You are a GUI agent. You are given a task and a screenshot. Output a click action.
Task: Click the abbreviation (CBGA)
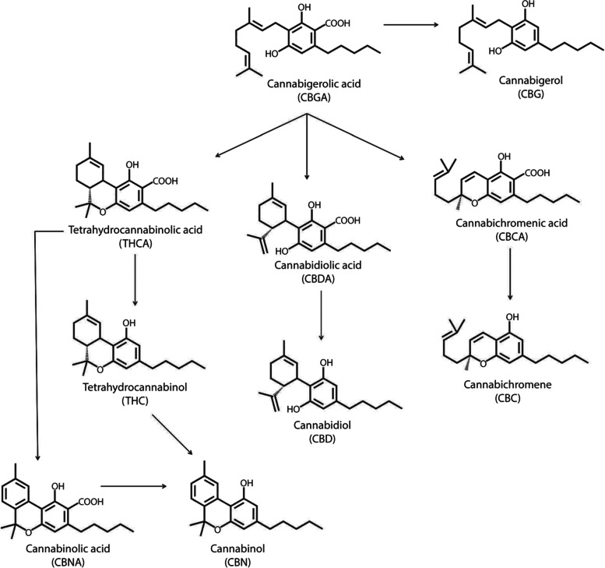click(x=308, y=96)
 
